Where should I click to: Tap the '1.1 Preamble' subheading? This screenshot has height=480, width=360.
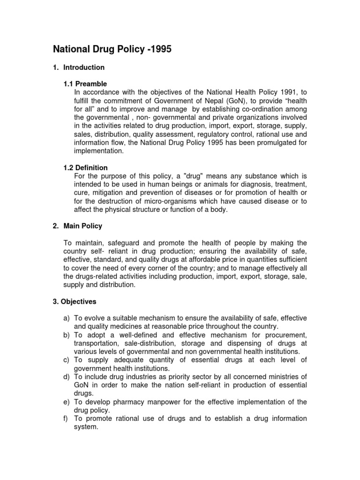point(85,84)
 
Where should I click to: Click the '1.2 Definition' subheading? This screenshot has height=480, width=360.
point(86,167)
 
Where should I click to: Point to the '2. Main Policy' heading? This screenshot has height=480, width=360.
point(77,226)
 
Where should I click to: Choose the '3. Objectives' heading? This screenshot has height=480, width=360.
point(75,301)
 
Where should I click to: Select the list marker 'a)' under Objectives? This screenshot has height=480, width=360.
point(67,318)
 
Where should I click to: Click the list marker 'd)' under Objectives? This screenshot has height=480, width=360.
point(67,376)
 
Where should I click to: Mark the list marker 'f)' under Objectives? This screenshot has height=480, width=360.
point(67,418)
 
